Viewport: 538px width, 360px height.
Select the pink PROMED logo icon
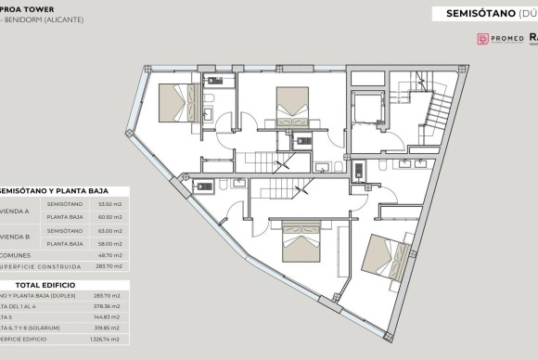(483, 39)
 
